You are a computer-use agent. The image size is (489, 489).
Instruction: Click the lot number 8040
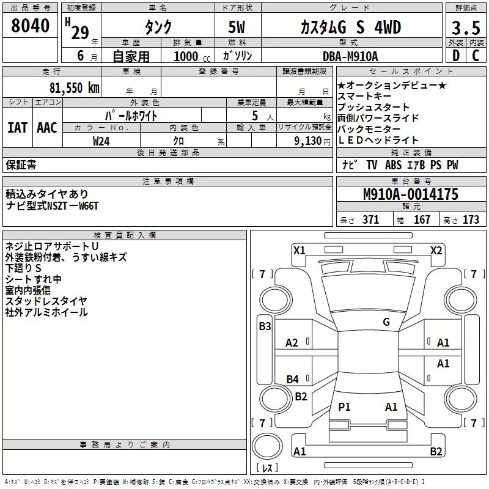pos(31,26)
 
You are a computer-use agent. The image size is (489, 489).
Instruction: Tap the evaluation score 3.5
pos(465,28)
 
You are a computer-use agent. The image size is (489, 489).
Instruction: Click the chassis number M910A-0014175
pos(410,195)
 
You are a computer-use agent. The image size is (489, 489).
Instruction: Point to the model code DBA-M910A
pos(350,56)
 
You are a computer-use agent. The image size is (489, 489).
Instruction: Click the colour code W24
pos(101,141)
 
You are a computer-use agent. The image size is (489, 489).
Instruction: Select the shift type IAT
pos(17,128)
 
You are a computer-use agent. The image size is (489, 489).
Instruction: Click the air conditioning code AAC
pos(46,128)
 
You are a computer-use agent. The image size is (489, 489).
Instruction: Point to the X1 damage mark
pos(299,250)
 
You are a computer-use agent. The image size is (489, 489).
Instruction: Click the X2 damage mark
pos(436,250)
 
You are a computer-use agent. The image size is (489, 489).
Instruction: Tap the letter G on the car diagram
pos(386,322)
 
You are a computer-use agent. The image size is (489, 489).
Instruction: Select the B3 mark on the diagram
pos(265,326)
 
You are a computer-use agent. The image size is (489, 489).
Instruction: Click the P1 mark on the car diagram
pos(345,406)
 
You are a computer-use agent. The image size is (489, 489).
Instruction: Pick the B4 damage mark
pos(293,380)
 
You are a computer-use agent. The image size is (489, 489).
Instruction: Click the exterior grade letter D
pos(455,56)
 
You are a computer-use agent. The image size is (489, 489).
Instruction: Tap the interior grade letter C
pos(476,56)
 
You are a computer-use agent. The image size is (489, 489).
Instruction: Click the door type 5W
pos(238,28)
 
